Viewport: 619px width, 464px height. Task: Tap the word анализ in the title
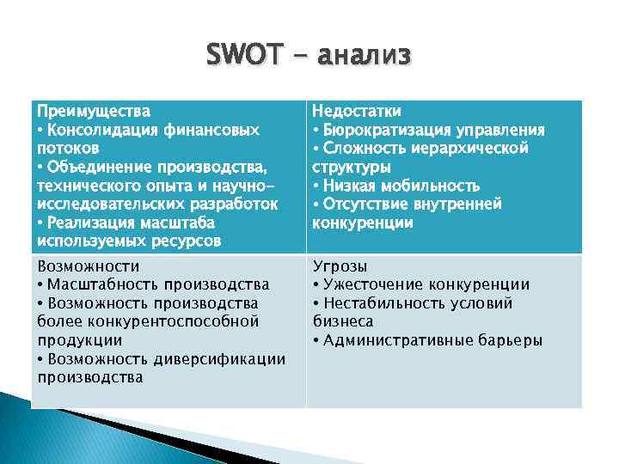coord(365,56)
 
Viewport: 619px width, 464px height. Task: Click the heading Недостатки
coord(357,111)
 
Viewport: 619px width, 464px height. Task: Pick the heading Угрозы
coord(340,266)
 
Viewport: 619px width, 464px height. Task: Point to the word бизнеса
coord(342,321)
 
